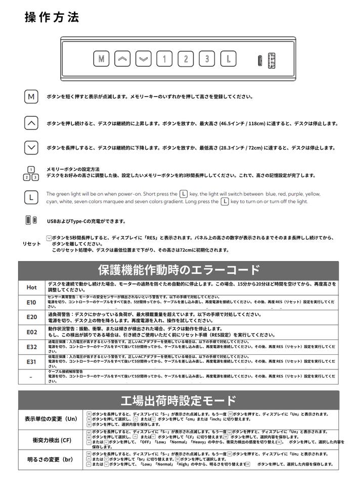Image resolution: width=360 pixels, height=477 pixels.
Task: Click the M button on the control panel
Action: point(102,59)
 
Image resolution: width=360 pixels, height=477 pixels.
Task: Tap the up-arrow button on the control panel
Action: point(123,59)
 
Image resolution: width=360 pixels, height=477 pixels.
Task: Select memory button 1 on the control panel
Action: point(164,59)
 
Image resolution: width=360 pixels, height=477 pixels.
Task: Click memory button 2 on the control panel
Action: point(186,59)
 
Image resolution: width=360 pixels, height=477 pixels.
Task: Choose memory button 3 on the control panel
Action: point(207,59)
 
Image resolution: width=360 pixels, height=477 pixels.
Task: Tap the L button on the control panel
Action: point(228,59)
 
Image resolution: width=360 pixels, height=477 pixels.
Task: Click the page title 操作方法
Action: point(52,17)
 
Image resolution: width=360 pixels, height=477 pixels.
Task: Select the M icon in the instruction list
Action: point(31,97)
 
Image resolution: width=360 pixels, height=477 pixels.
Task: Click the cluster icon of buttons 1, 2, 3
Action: point(31,173)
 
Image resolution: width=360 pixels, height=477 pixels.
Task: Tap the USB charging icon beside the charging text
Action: point(31,220)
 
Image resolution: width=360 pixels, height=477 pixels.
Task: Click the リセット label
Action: point(31,244)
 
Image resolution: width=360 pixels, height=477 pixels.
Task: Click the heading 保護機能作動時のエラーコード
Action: point(178,270)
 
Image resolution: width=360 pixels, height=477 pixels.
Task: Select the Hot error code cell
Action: point(31,287)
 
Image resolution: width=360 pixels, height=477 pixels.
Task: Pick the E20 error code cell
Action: point(31,317)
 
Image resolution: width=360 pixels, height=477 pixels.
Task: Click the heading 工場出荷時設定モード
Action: point(178,401)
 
